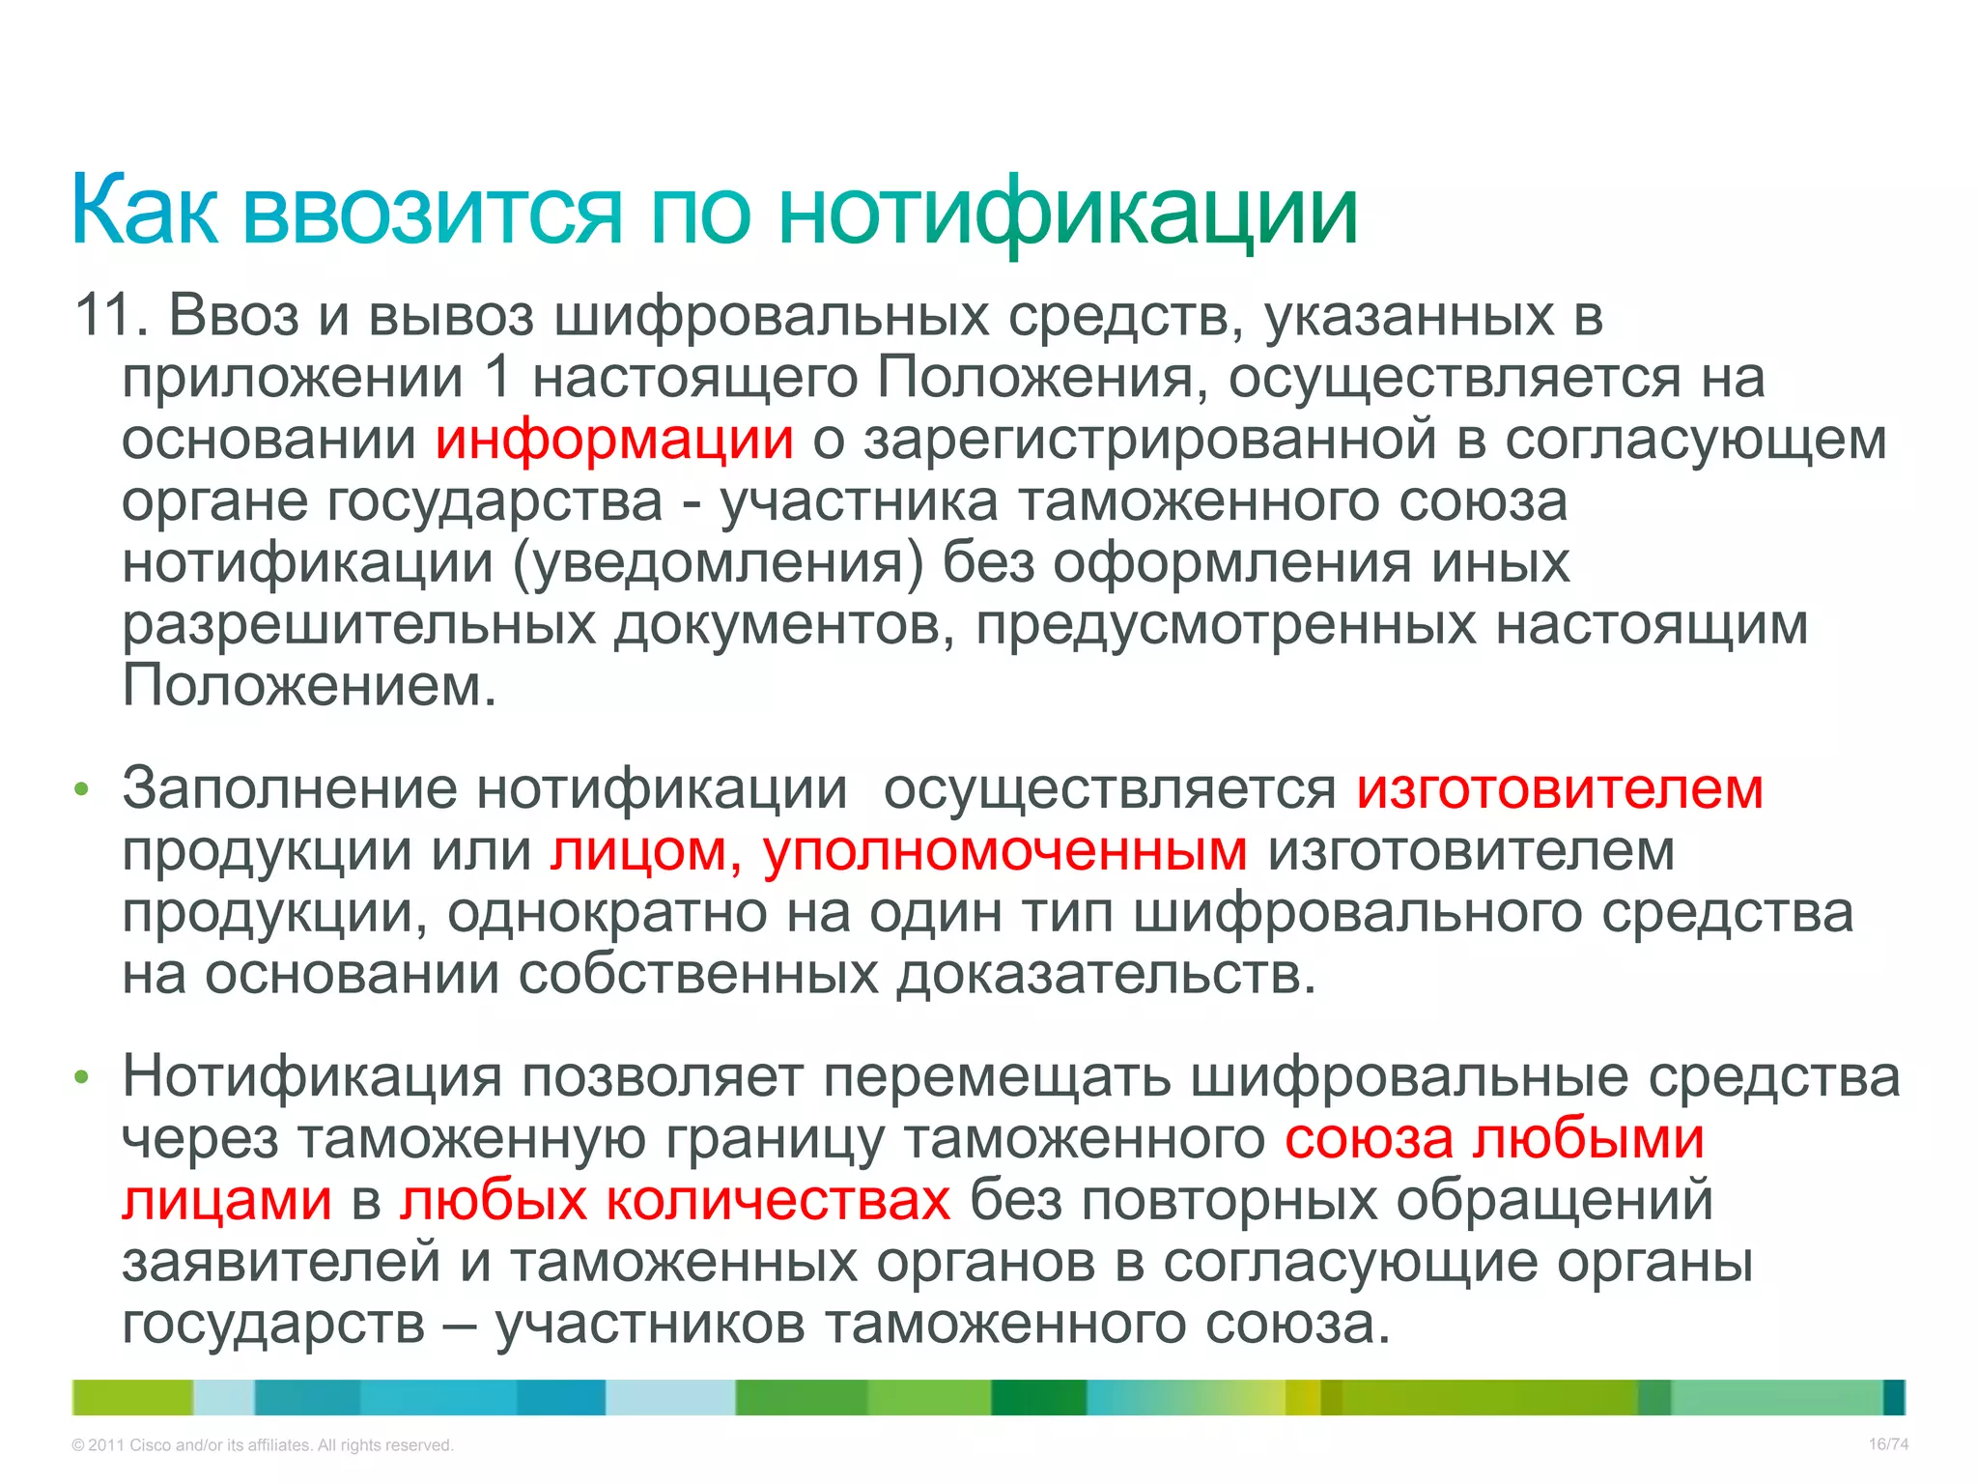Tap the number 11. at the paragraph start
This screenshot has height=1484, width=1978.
tap(110, 316)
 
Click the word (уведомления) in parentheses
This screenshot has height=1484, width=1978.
tap(718, 563)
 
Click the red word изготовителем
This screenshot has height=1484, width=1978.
tap(1559, 789)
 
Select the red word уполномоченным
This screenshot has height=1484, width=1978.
tap(1004, 851)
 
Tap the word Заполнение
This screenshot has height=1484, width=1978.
tap(289, 789)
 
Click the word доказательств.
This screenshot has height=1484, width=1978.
tap(1107, 975)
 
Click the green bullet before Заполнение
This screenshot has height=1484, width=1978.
tap(82, 790)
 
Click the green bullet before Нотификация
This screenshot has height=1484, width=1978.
tap(82, 1077)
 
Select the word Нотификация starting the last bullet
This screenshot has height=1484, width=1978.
tap(312, 1076)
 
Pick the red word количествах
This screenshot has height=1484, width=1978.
tap(778, 1201)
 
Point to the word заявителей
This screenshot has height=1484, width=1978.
tap(281, 1263)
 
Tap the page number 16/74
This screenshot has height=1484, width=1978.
tap(1887, 1444)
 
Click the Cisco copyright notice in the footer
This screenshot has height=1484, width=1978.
tap(262, 1445)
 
